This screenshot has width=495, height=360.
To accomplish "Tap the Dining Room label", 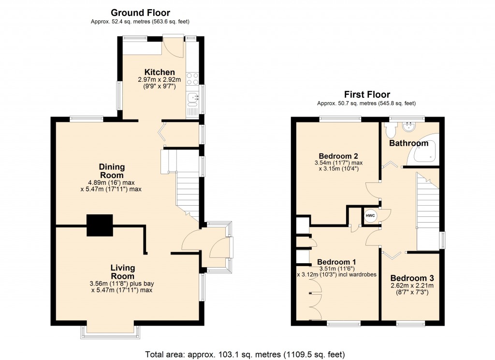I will coord(112,171).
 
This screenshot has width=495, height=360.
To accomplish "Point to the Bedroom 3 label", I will coord(412,278).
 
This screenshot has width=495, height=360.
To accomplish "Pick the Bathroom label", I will coord(409,143).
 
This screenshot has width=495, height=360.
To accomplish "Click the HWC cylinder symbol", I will coord(370,215).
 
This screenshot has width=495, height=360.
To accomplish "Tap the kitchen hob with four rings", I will coord(192,78).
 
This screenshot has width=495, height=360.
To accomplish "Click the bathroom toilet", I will coord(391,129).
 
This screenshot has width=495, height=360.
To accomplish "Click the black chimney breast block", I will coord(100,225).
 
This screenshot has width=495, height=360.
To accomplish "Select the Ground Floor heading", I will coord(140,13).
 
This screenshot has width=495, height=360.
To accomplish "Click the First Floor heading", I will coord(367,94).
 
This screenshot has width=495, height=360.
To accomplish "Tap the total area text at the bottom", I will coord(246,354).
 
